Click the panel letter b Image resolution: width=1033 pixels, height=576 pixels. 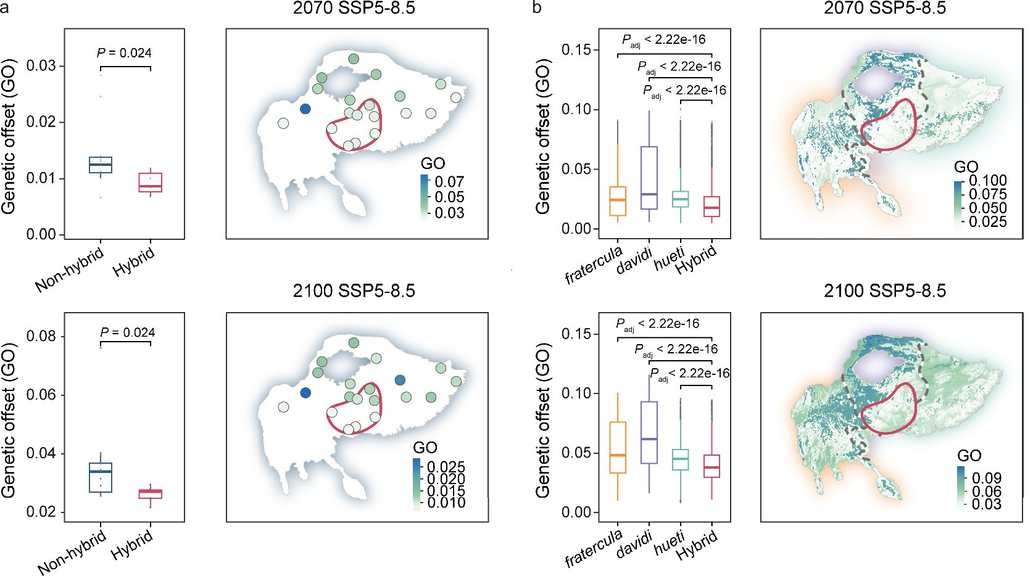[537, 9]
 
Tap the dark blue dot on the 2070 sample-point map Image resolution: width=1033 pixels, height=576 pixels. [305, 109]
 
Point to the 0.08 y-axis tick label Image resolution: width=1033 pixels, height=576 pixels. [41, 336]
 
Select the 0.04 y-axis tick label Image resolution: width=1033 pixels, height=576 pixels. [41, 453]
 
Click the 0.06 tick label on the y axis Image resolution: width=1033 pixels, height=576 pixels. [41, 395]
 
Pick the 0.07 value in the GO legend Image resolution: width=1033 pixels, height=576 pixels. [449, 182]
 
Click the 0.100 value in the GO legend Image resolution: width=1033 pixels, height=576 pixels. [987, 181]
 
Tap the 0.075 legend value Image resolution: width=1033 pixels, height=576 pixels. [987, 194]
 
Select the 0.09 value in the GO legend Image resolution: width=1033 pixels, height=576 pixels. [986, 478]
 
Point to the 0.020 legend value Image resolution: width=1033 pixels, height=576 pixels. [446, 479]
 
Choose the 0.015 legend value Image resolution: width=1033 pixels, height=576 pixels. [446, 491]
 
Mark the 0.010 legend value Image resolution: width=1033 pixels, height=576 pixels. [446, 503]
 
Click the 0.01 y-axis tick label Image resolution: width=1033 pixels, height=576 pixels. [41, 178]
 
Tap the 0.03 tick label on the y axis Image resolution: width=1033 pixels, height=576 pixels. [41, 66]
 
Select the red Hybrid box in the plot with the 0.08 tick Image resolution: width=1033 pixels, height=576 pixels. [150, 493]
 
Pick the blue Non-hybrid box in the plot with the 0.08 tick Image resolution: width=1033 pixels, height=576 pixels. [101, 477]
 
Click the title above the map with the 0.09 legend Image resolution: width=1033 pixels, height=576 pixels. [884, 290]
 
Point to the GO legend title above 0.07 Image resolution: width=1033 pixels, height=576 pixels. [433, 163]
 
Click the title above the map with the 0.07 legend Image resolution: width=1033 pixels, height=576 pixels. [354, 8]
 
